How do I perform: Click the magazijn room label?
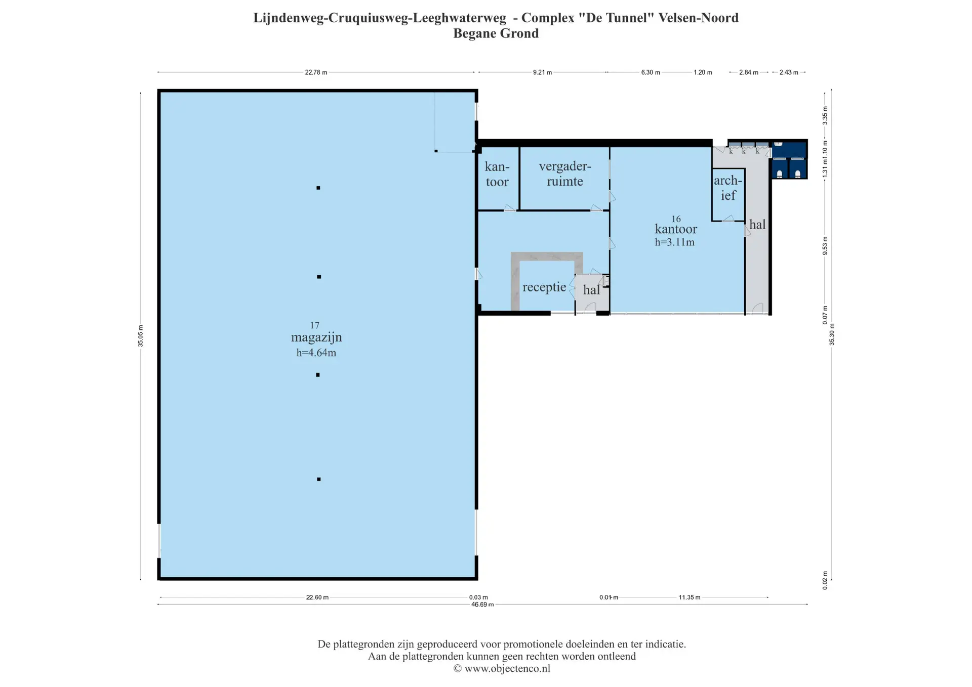click(x=316, y=337)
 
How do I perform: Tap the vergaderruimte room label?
click(x=565, y=174)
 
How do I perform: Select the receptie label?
click(x=544, y=287)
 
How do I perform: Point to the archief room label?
click(x=728, y=188)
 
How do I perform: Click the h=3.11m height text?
click(x=675, y=242)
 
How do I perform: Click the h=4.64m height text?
click(x=316, y=353)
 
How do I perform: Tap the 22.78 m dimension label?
click(x=316, y=72)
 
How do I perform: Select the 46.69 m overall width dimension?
click(x=482, y=604)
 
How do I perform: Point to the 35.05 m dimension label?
click(x=140, y=336)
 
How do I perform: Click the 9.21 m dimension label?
click(x=542, y=72)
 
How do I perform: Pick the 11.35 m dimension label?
click(x=690, y=597)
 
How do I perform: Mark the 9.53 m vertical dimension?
click(x=825, y=246)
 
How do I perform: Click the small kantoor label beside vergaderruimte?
click(x=497, y=174)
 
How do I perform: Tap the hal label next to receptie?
click(x=591, y=290)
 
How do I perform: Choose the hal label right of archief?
click(x=757, y=224)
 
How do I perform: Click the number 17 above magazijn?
click(x=315, y=325)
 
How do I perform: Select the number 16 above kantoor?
click(x=676, y=219)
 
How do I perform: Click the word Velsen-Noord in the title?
click(x=699, y=18)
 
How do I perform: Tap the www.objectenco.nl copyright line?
click(x=502, y=669)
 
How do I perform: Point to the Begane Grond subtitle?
click(x=496, y=33)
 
